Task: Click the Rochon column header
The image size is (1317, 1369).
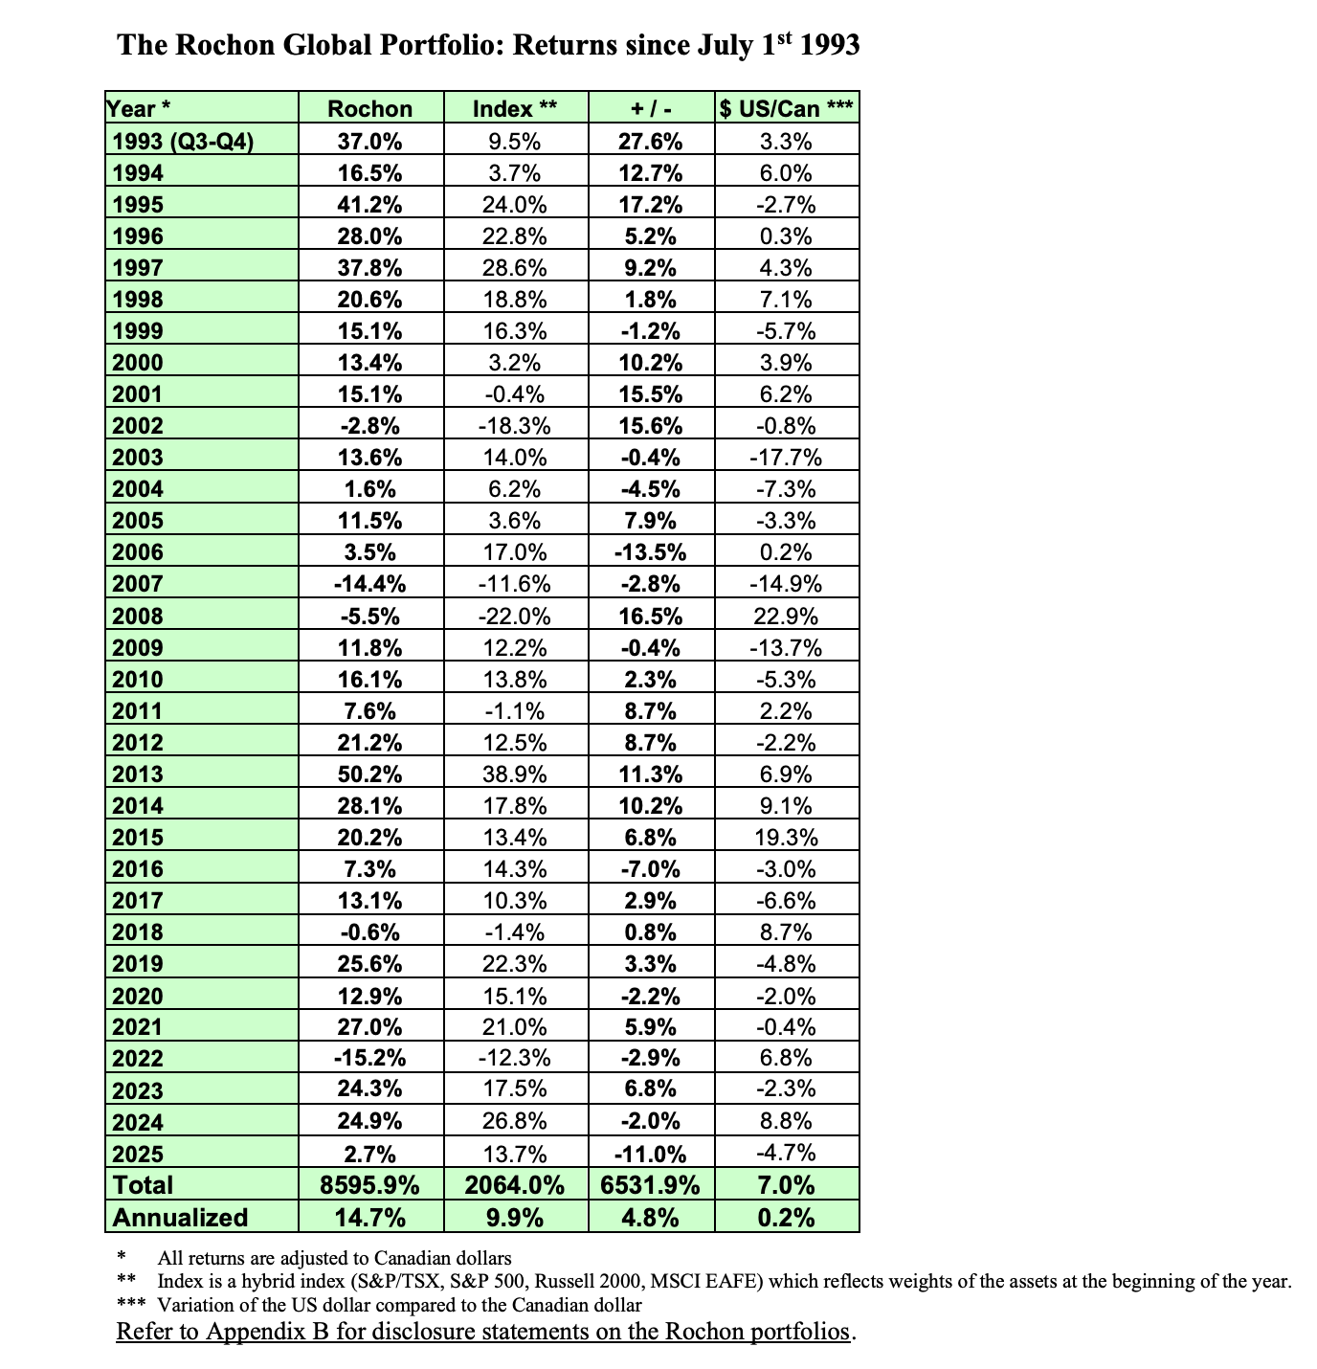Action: click(369, 109)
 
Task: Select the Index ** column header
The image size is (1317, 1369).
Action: click(515, 109)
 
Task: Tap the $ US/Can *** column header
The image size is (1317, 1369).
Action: click(786, 109)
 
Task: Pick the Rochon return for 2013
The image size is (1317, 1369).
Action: click(369, 774)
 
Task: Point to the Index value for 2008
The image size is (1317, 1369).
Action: click(515, 616)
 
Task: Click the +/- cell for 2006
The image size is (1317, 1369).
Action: click(650, 552)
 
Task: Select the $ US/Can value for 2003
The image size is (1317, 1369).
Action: click(786, 458)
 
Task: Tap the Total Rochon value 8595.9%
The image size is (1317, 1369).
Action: click(369, 1185)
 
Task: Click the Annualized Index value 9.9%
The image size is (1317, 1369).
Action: click(515, 1218)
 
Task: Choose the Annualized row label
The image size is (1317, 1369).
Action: click(180, 1218)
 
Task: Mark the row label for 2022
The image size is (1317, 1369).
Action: click(138, 1059)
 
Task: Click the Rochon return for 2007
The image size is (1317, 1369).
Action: click(369, 584)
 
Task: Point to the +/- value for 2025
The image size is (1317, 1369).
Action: click(650, 1153)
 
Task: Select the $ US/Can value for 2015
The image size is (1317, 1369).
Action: click(786, 838)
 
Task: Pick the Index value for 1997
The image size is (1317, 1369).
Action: click(515, 268)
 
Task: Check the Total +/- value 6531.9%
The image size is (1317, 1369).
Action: click(650, 1185)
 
